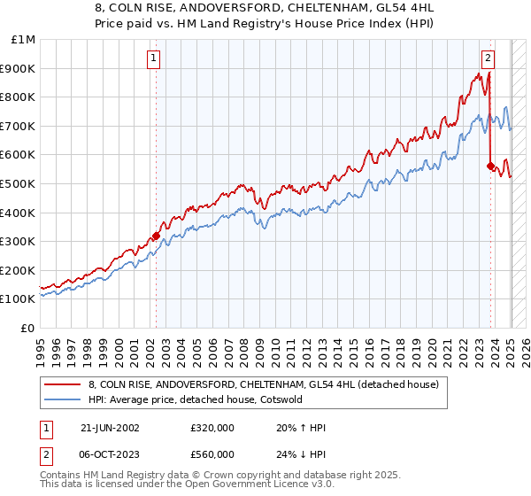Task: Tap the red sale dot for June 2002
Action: pos(156,236)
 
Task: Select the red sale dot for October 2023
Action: pos(491,166)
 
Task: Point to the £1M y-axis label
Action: pos(24,40)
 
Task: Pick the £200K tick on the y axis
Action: pos(19,270)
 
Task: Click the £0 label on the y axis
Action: pos(28,328)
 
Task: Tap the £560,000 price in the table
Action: pos(212,453)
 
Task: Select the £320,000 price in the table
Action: pos(212,427)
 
